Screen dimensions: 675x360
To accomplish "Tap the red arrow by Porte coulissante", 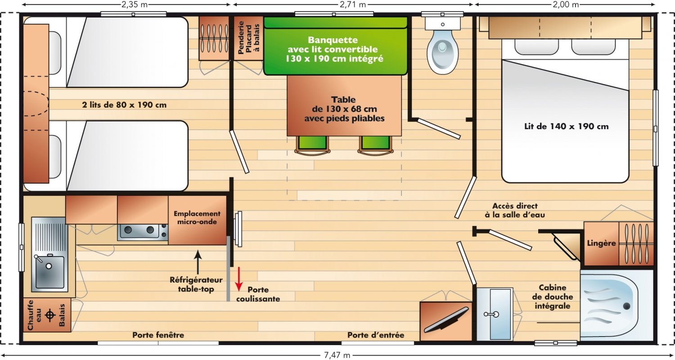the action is pos(239,279).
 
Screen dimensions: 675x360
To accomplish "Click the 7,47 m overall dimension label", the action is pos(337,355).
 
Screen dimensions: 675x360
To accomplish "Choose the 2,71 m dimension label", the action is pos(353,4).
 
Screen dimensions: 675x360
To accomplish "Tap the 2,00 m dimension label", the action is pos(566,4).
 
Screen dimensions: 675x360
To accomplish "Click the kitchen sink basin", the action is pos(49,272).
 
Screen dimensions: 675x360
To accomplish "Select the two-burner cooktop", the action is pos(143,232).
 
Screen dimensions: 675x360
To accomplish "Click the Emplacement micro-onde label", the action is pos(197,217).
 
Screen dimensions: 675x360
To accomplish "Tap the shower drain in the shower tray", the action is pos(626,306).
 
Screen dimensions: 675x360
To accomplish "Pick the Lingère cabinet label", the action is pos(601,243).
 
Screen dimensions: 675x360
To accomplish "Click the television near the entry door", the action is pos(446,320).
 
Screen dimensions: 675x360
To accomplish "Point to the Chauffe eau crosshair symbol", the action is pos(50,315).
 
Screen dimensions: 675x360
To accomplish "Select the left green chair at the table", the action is pos(312,145).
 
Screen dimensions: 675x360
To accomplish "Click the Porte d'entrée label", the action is pos(376,335).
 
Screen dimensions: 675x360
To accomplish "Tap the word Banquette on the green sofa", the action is pos(333,40).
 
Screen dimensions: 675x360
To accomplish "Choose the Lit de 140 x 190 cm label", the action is pos(566,126).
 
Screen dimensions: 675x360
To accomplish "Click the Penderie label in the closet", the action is pos(240,38).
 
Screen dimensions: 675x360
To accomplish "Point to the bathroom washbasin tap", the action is pos(491,314).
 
